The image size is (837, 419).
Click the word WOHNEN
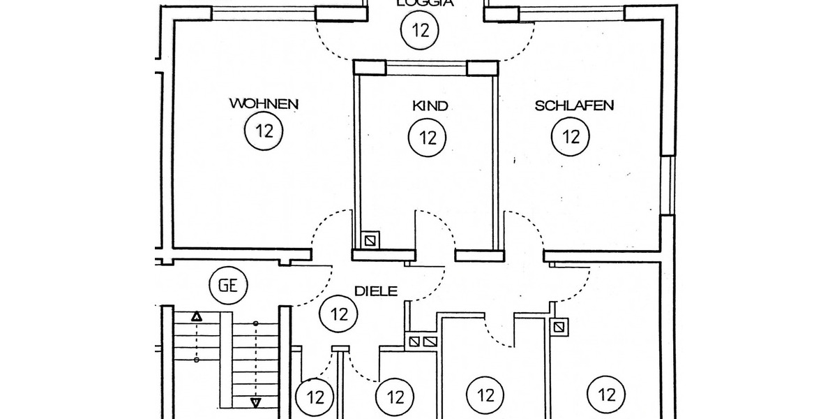(264, 104)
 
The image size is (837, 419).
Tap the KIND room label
(430, 106)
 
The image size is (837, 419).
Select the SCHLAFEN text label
(574, 106)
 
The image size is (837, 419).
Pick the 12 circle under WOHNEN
(264, 131)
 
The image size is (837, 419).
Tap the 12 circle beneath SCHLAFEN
(571, 136)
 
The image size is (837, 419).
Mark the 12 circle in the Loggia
(421, 30)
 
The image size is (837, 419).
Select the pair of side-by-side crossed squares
(421, 341)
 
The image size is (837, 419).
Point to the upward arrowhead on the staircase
(197, 317)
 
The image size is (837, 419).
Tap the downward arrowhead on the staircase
(255, 402)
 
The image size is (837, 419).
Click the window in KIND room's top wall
(426, 68)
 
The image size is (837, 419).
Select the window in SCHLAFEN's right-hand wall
(670, 185)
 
